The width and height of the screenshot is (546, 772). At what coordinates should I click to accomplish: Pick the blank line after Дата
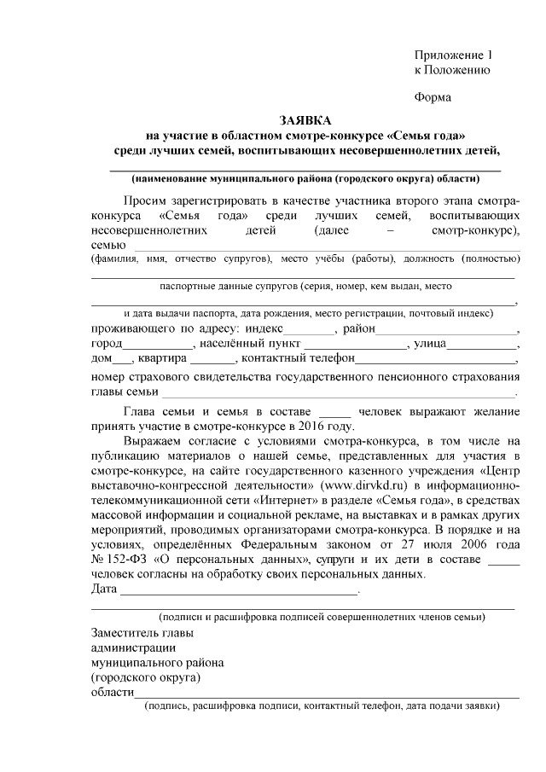239,590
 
